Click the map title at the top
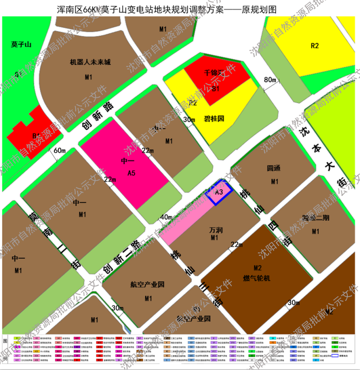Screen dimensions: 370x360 click(x=180, y=9)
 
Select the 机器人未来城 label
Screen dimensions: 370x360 click(x=90, y=62)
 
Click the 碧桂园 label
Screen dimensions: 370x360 click(x=214, y=119)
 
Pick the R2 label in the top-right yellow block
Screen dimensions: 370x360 click(x=315, y=46)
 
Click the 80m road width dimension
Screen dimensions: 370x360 click(x=270, y=80)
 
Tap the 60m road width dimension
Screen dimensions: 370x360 click(x=59, y=150)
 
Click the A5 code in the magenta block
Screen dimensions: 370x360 click(x=131, y=171)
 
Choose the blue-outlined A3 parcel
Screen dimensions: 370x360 click(x=219, y=192)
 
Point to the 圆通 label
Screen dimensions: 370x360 click(x=274, y=169)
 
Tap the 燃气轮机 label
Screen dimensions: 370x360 click(x=256, y=278)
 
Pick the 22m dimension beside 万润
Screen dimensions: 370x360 click(x=236, y=245)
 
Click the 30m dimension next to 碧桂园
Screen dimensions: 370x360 click(x=189, y=119)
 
